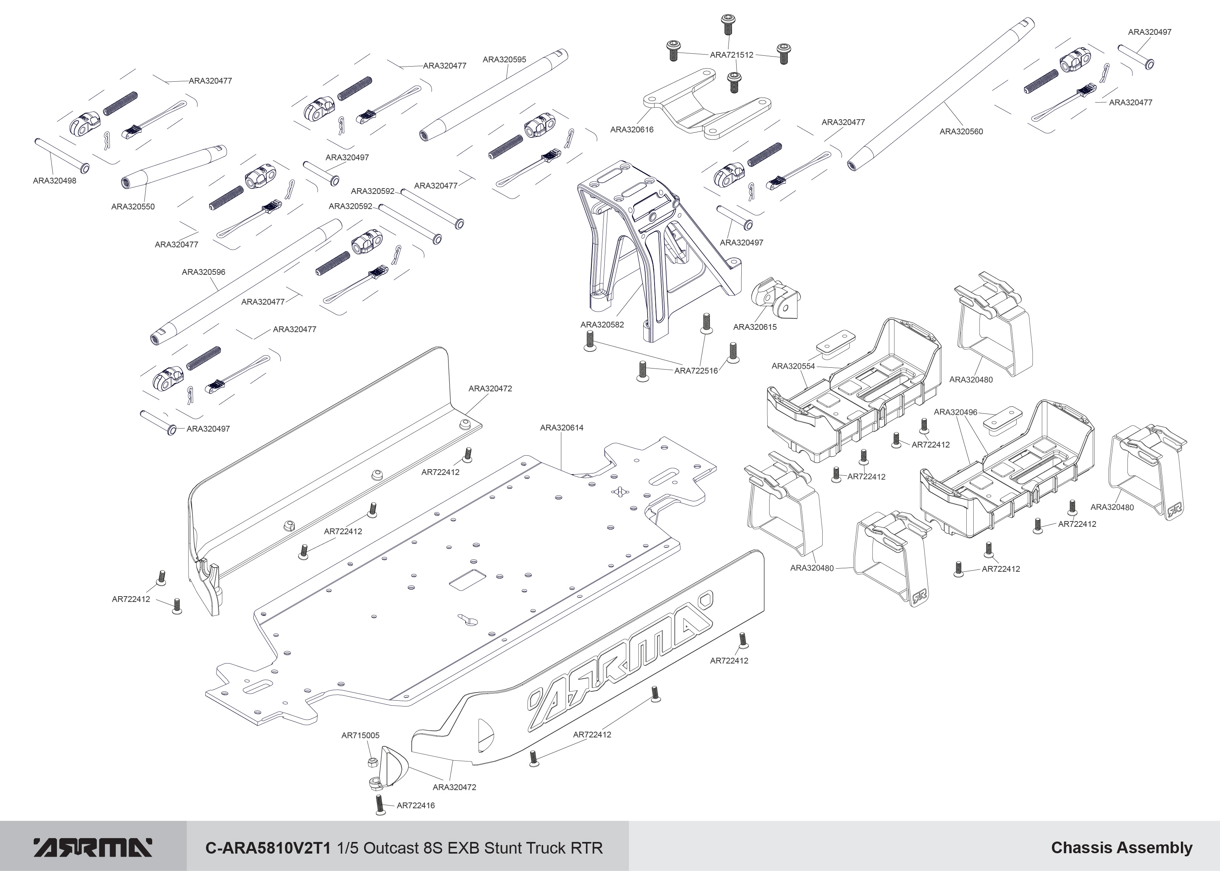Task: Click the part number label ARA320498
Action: point(54,181)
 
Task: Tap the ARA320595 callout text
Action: point(504,60)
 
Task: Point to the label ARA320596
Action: point(203,272)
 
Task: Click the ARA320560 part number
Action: point(961,131)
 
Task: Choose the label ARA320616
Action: point(631,129)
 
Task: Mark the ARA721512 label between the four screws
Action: point(731,55)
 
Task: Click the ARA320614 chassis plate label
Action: point(561,427)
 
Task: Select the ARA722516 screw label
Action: point(696,370)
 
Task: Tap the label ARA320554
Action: point(793,366)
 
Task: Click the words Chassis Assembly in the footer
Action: point(1121,847)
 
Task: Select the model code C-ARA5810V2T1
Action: point(269,847)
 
